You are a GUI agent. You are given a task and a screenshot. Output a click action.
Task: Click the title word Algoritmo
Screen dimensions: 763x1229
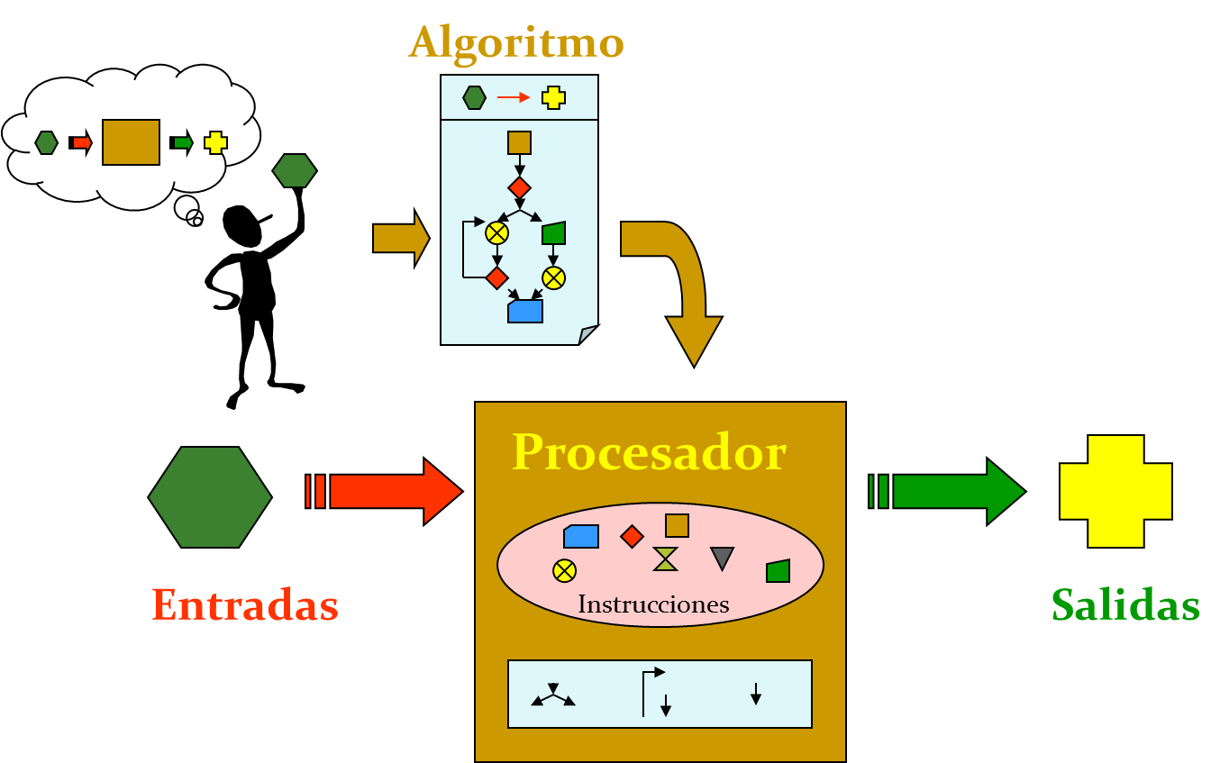pos(515,42)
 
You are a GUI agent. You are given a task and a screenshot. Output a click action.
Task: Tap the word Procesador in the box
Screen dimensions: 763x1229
pos(649,452)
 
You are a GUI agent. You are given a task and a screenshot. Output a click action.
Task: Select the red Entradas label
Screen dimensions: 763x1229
pos(245,604)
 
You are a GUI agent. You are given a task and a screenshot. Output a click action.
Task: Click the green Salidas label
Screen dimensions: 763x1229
pos(1125,604)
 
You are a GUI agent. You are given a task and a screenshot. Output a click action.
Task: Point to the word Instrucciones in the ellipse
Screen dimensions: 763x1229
pos(653,604)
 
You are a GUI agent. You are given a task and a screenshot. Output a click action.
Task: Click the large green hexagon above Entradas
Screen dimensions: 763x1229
pos(210,497)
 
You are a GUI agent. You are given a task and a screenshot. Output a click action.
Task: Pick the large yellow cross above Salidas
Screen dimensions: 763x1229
pos(1115,491)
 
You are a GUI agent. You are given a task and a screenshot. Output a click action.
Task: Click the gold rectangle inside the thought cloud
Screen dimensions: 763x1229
pos(131,142)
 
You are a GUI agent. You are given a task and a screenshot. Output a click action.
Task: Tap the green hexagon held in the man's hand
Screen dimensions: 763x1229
pos(295,170)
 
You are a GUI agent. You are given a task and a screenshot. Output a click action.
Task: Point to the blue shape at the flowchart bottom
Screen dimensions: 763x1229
pos(525,312)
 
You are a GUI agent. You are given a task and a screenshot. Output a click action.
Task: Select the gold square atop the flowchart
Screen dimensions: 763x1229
pos(519,142)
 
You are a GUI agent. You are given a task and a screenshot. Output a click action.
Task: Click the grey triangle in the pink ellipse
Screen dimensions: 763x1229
pos(722,558)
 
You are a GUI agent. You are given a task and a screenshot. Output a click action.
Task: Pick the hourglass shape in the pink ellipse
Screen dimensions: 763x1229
pos(665,559)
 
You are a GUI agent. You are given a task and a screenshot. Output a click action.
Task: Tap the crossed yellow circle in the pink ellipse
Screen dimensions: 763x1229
pos(564,570)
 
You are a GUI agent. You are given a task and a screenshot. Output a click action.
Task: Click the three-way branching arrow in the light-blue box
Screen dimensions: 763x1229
pos(553,695)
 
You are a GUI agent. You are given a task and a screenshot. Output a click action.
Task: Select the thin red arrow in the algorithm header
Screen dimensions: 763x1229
pos(514,97)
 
